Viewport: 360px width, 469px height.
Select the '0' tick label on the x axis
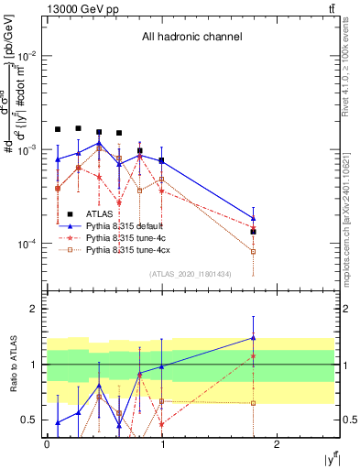click(x=47, y=444)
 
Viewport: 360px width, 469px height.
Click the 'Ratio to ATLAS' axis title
click(x=13, y=365)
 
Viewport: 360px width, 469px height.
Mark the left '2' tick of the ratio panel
click(x=35, y=309)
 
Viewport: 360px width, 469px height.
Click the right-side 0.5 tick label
click(x=348, y=420)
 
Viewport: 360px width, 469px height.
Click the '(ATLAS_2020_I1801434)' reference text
click(x=189, y=274)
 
